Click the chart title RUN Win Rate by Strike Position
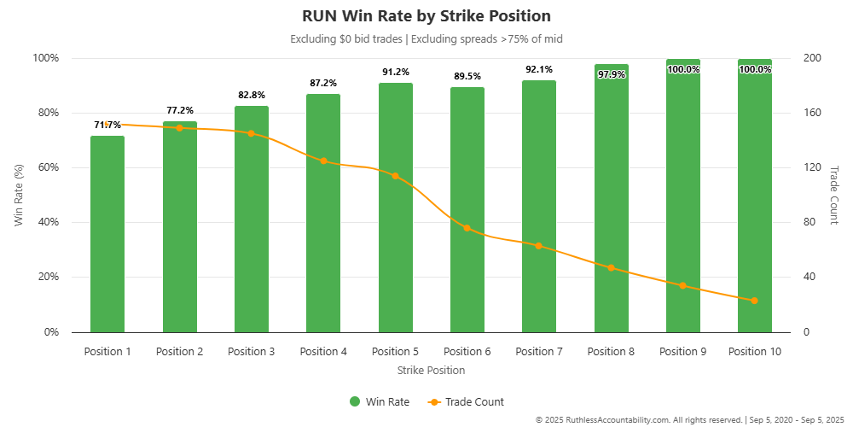[426, 16]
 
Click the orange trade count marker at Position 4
[323, 161]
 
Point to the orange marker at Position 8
[611, 267]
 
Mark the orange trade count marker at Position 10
[754, 301]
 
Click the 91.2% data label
[395, 73]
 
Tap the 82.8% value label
[251, 95]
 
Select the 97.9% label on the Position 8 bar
[611, 74]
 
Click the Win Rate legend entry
[379, 401]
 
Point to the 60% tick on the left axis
[45, 167]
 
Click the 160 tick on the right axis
[811, 113]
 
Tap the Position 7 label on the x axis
[538, 352]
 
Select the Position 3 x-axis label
[251, 352]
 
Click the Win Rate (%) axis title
[19, 195]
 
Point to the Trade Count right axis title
[834, 195]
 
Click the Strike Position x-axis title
[431, 371]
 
